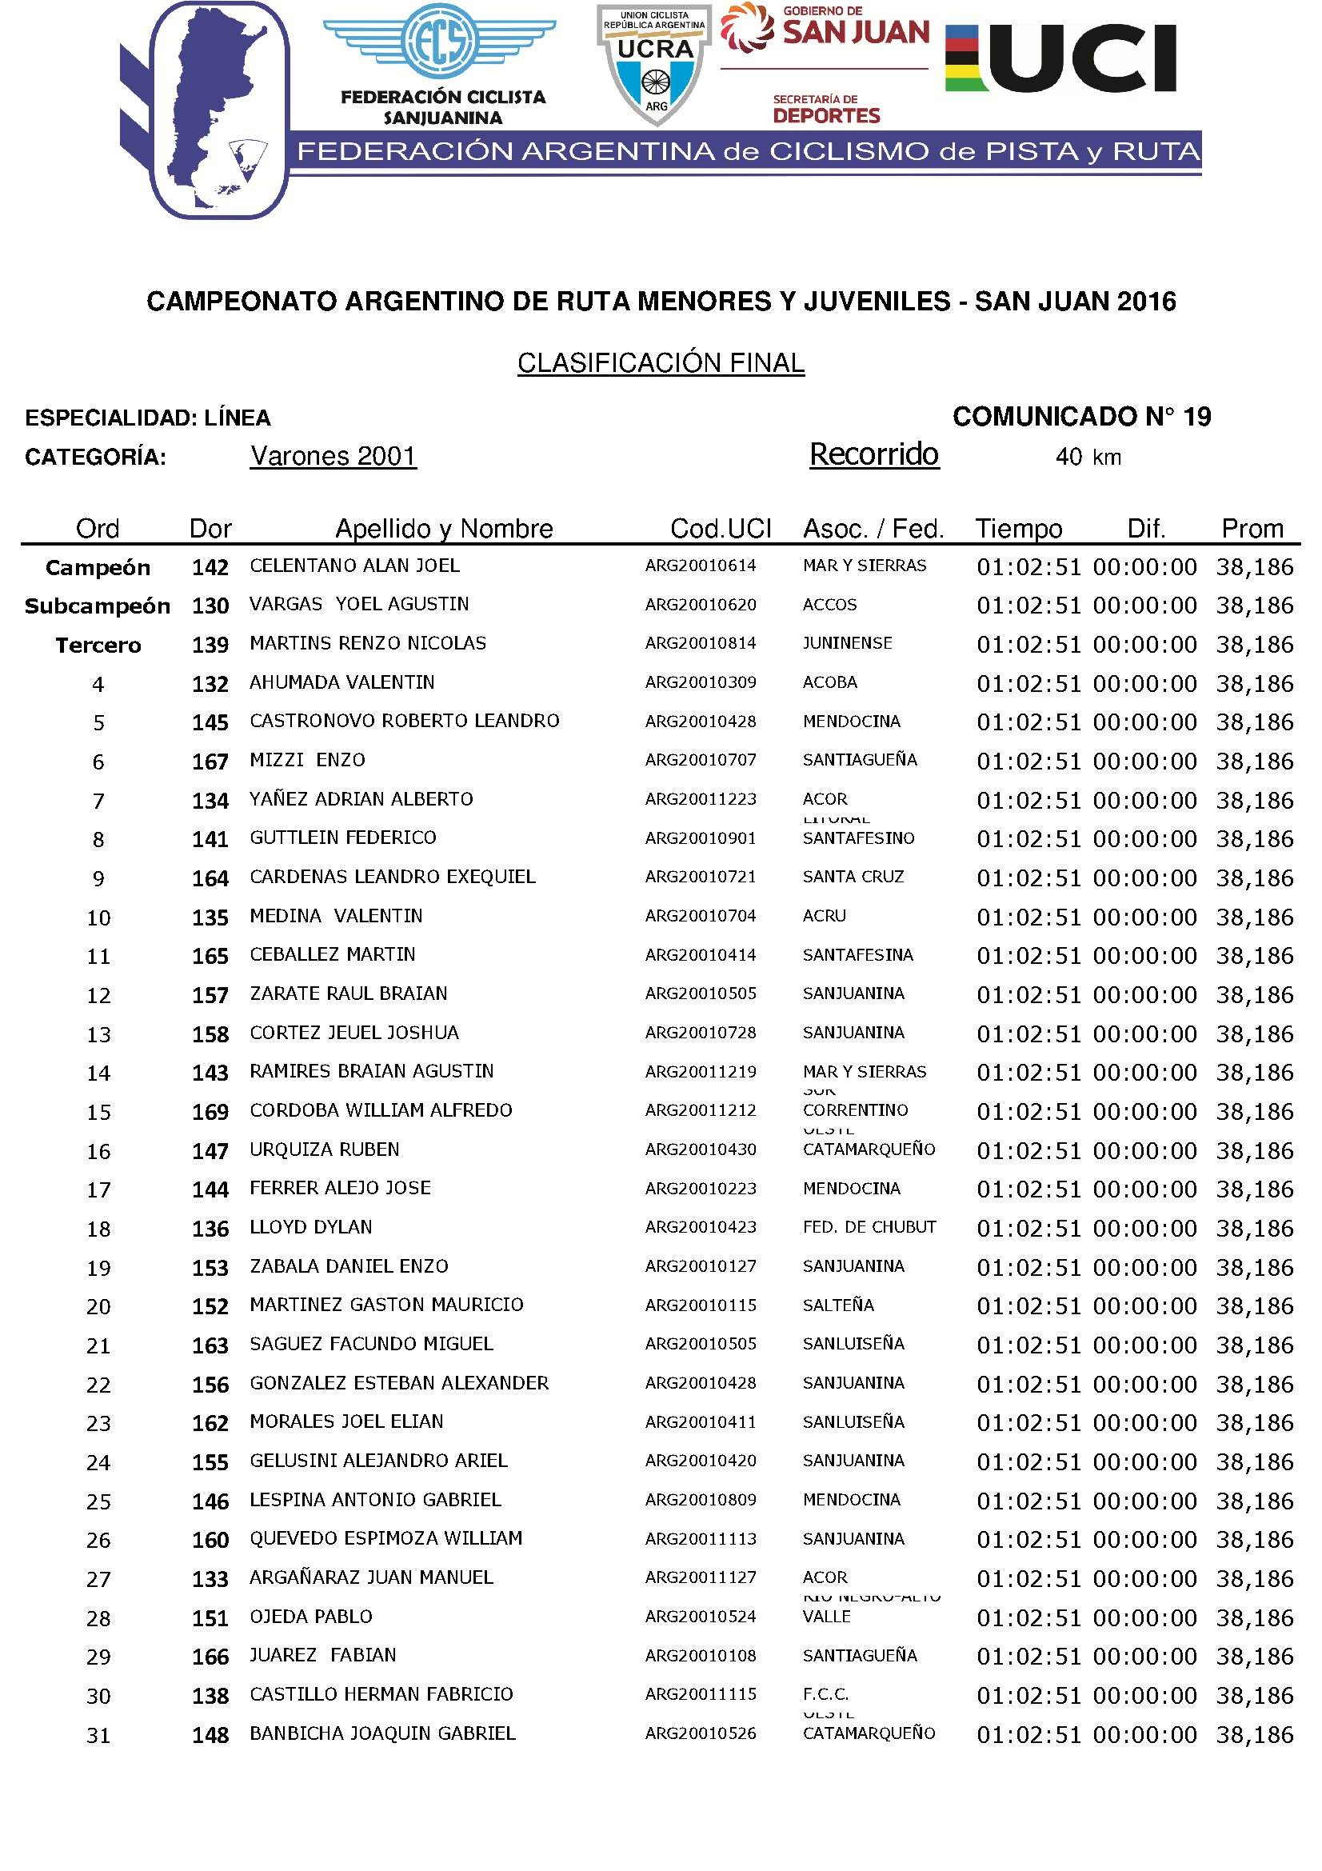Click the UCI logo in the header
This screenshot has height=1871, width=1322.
pyautogui.click(x=1060, y=58)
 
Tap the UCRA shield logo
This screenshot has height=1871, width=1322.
pyautogui.click(x=655, y=63)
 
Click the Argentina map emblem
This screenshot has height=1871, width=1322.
pyautogui.click(x=218, y=110)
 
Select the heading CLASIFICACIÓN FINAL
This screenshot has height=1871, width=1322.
pyautogui.click(x=661, y=362)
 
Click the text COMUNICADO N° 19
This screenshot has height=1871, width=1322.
pyautogui.click(x=1081, y=418)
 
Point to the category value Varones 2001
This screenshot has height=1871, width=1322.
pyautogui.click(x=333, y=455)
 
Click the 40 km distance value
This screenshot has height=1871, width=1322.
pyautogui.click(x=1088, y=458)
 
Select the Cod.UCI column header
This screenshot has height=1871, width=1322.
pyautogui.click(x=720, y=529)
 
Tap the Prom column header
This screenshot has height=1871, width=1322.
pyautogui.click(x=1251, y=529)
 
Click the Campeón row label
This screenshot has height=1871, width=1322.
pyautogui.click(x=98, y=567)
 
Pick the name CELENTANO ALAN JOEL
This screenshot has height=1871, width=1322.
pyautogui.click(x=354, y=566)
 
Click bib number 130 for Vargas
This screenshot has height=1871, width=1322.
pyautogui.click(x=210, y=606)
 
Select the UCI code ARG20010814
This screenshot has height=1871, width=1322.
pyautogui.click(x=701, y=644)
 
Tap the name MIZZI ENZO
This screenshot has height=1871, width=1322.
pyautogui.click(x=307, y=760)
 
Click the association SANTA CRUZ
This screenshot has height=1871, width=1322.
pyautogui.click(x=853, y=877)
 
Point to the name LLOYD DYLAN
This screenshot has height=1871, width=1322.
pyautogui.click(x=310, y=1227)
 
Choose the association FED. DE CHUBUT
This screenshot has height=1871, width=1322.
pyautogui.click(x=869, y=1227)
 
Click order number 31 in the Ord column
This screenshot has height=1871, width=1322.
pyautogui.click(x=98, y=1736)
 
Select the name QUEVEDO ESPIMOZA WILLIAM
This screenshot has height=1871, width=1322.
pyautogui.click(x=385, y=1538)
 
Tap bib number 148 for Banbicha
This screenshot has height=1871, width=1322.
pyautogui.click(x=210, y=1736)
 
